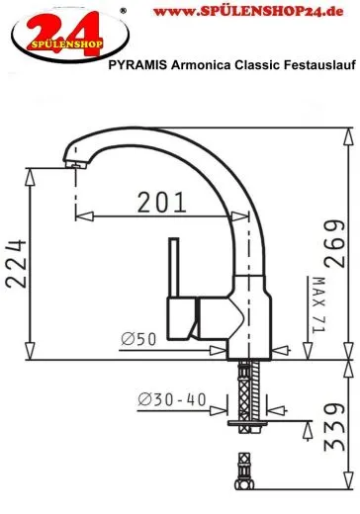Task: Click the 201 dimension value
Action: pyautogui.click(x=162, y=202)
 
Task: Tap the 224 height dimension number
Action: pyautogui.click(x=16, y=264)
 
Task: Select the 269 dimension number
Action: pyautogui.click(x=334, y=243)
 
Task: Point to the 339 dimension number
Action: pyautogui.click(x=334, y=427)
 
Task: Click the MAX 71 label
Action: pyautogui.click(x=318, y=304)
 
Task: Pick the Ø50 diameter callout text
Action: pyautogui.click(x=138, y=339)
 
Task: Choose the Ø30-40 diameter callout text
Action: pyautogui.click(x=172, y=399)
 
